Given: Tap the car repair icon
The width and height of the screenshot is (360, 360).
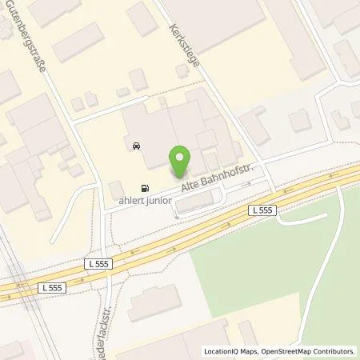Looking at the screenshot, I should click(x=136, y=146).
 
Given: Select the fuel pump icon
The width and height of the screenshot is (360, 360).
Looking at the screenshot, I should click(x=145, y=181).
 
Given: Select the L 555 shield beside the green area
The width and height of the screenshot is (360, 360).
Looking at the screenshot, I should click(x=261, y=210).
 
